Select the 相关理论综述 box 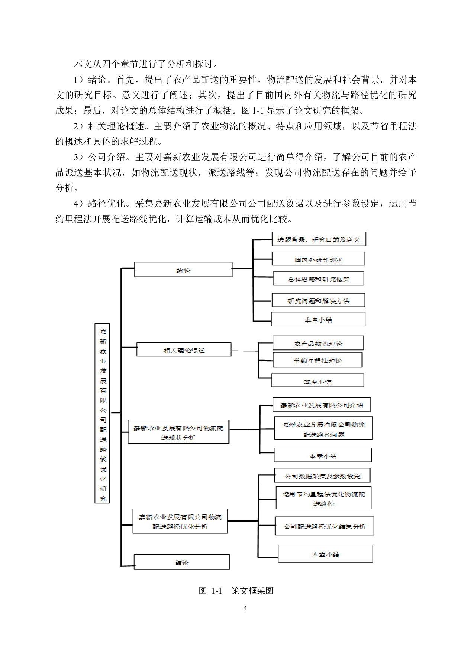click(x=184, y=350)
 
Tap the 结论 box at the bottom click(x=182, y=562)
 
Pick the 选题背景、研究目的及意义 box click(x=319, y=239)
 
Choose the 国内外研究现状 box click(x=318, y=259)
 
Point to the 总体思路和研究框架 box click(x=318, y=279)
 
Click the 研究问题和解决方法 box click(x=318, y=300)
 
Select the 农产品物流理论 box click(x=318, y=343)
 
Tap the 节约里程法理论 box click(x=317, y=360)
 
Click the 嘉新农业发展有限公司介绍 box click(x=322, y=405)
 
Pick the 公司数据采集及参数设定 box click(x=322, y=476)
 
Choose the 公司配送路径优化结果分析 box click(x=325, y=526)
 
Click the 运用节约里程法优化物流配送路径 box click(x=323, y=498)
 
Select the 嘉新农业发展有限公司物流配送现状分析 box click(x=178, y=432)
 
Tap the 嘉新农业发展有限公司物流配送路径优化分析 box click(x=180, y=522)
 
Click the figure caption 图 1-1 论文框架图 click(x=236, y=591)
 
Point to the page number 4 click(x=245, y=608)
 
